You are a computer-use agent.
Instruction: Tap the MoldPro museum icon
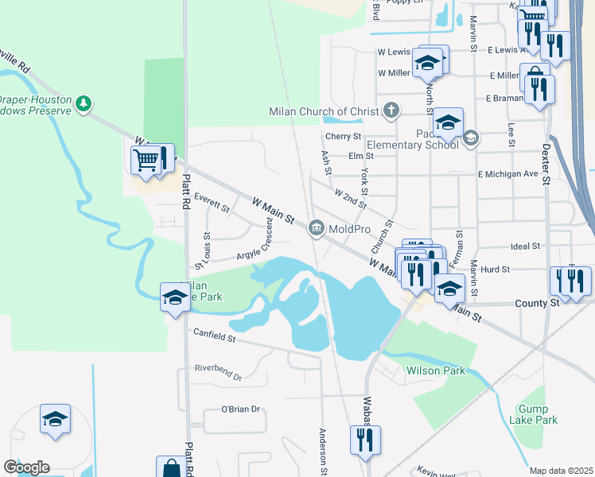[x=316, y=229]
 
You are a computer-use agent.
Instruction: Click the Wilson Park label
[x=435, y=370]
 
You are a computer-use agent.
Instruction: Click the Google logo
[x=26, y=467]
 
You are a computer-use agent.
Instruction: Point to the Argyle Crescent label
[x=255, y=250]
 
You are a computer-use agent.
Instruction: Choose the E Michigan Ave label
[x=508, y=174]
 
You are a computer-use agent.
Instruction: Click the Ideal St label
[x=524, y=246]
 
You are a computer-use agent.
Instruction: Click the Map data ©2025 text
[x=562, y=471]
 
